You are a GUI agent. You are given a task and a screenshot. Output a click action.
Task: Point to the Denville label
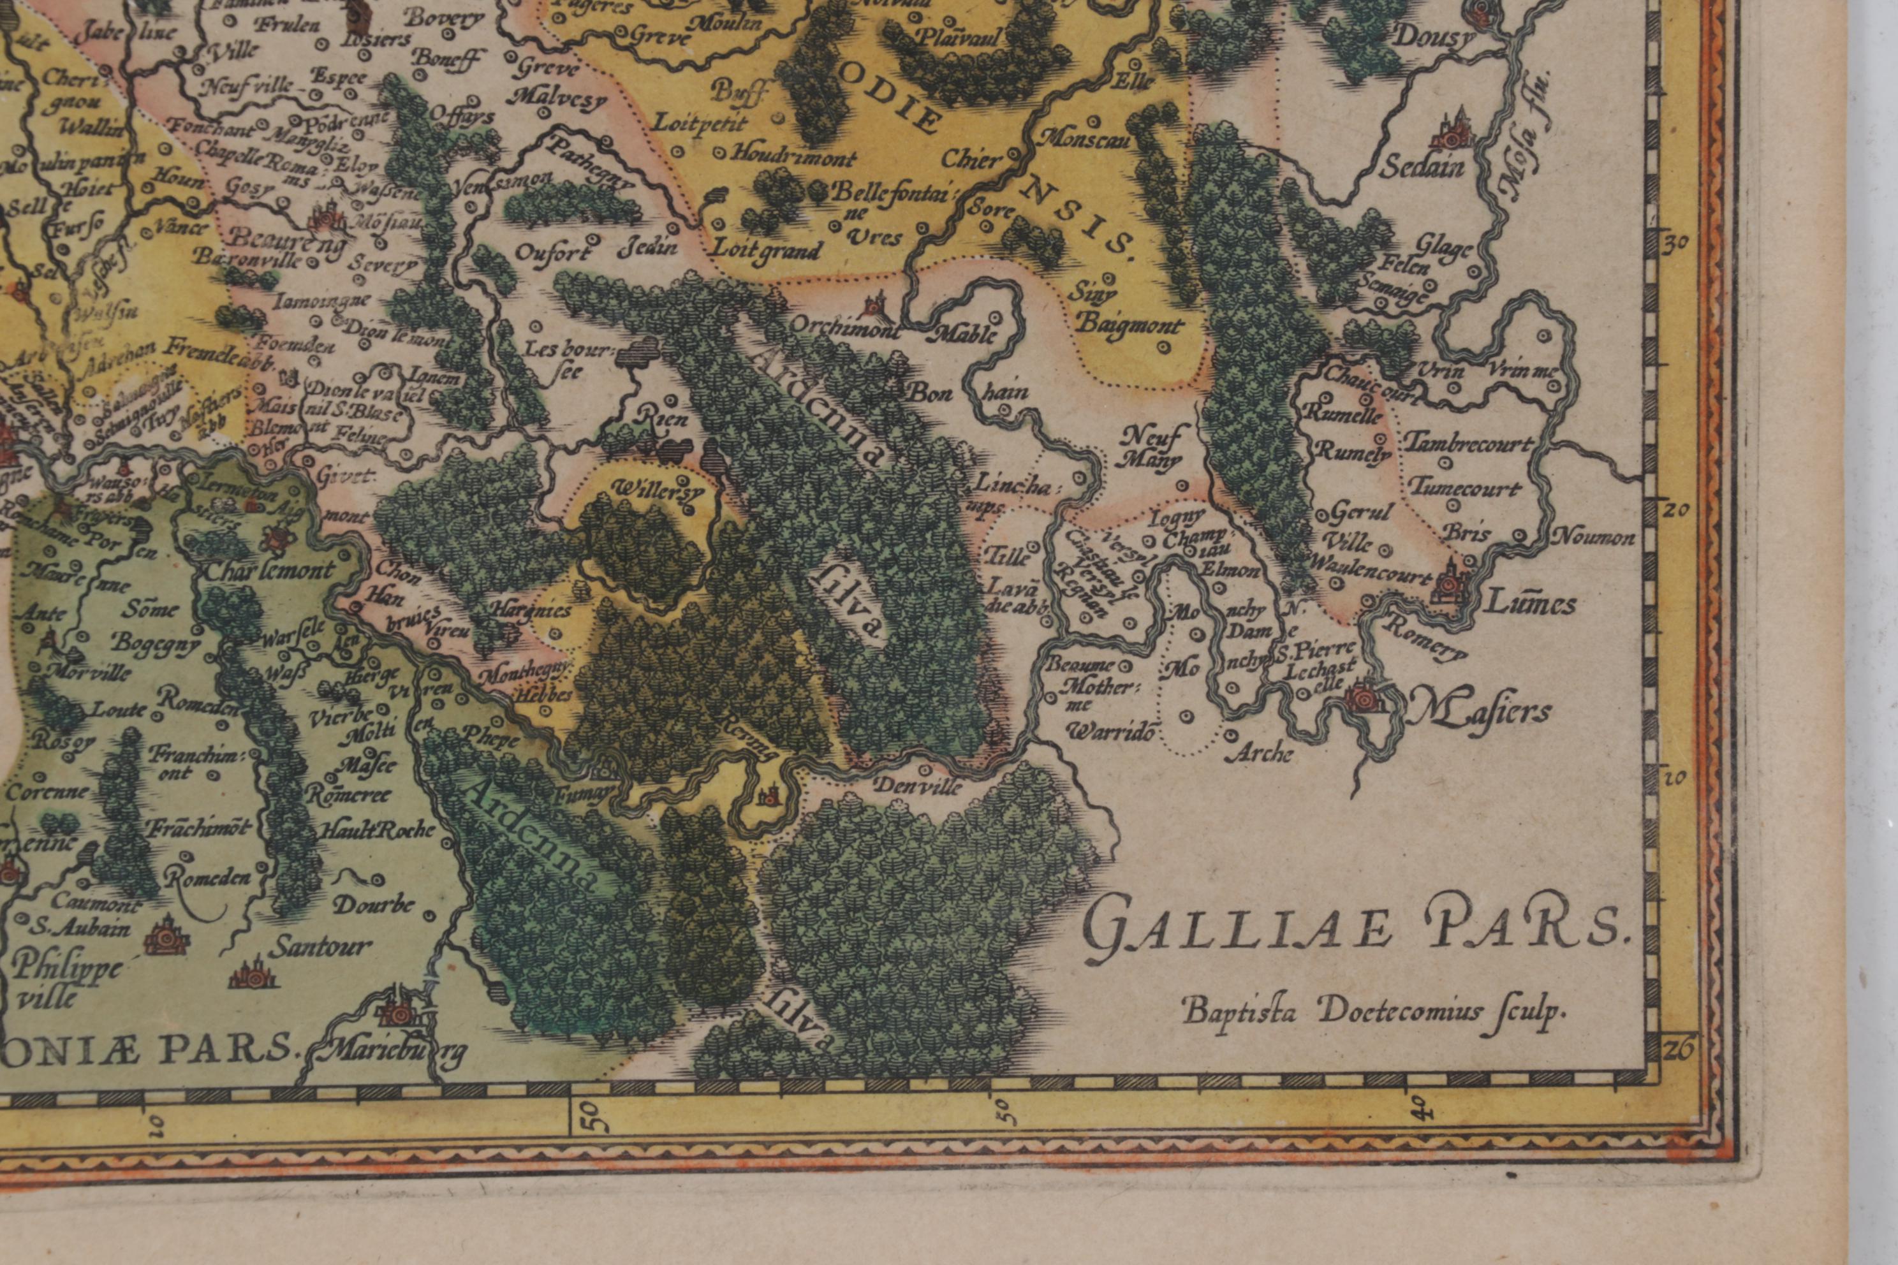point(919,785)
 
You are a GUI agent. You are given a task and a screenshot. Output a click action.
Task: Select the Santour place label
point(320,946)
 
